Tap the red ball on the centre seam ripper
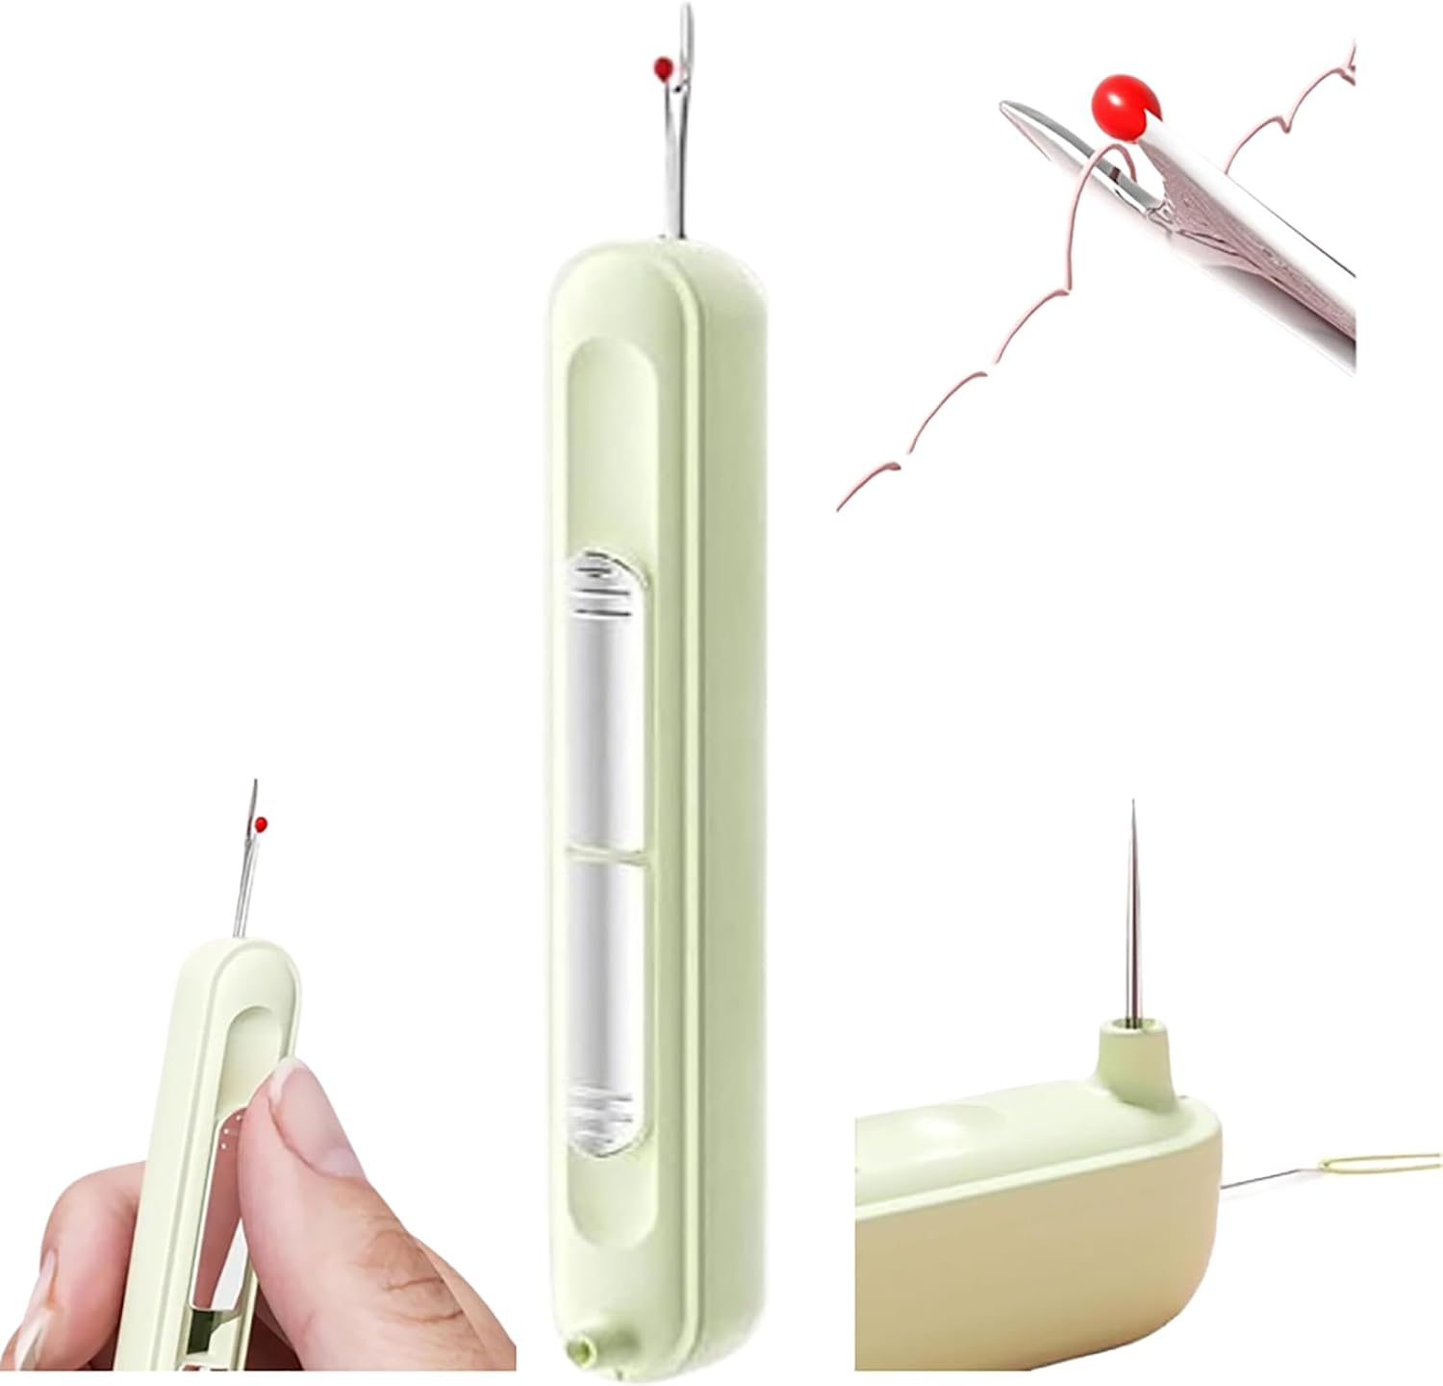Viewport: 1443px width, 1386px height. click(x=662, y=67)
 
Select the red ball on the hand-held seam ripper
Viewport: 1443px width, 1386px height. click(x=261, y=823)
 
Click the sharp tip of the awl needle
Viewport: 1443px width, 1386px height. click(x=1133, y=804)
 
